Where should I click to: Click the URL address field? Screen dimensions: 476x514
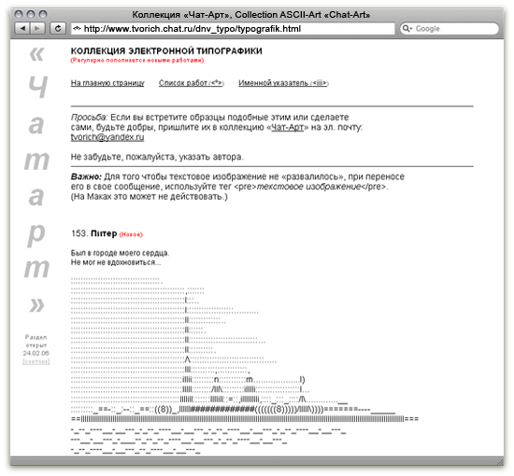pyautogui.click(x=224, y=29)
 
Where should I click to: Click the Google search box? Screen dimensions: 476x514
pyautogui.click(x=449, y=29)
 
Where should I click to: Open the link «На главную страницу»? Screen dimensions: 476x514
pyautogui.click(x=107, y=83)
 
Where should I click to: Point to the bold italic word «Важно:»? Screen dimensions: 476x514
pyautogui.click(x=86, y=175)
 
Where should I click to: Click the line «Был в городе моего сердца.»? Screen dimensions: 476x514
pyautogui.click(x=120, y=253)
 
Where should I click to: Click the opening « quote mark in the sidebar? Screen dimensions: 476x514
pyautogui.click(x=36, y=53)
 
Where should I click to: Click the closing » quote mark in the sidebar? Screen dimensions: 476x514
pyautogui.click(x=37, y=305)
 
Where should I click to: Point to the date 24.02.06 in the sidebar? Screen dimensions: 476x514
pyautogui.click(x=37, y=353)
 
